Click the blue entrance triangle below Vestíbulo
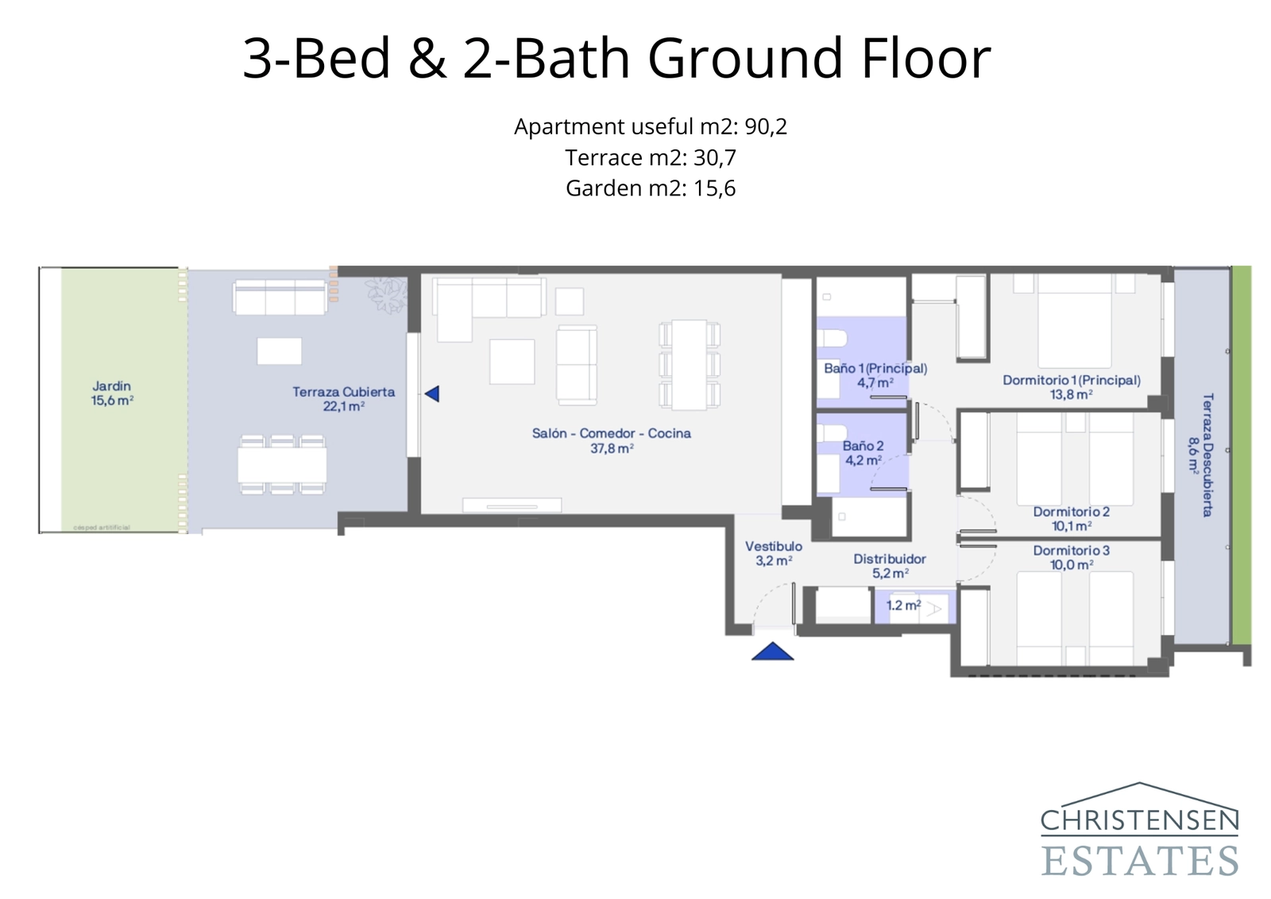tap(772, 653)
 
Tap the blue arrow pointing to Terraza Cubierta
tap(432, 393)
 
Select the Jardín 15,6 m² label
tap(112, 393)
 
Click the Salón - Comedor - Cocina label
tap(611, 440)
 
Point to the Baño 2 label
tap(863, 453)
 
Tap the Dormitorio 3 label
tap(1071, 557)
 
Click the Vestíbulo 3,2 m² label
tap(773, 553)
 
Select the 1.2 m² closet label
tap(903, 606)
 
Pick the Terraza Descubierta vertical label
tap(1200, 455)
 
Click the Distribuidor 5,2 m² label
tap(890, 566)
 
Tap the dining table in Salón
tap(689, 365)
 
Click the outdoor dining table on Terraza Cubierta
tap(282, 465)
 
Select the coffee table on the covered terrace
tap(279, 351)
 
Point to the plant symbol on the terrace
tap(387, 295)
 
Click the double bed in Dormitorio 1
tap(1074, 321)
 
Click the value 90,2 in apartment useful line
tap(766, 126)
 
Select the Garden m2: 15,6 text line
tap(650, 188)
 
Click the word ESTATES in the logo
tap(1139, 861)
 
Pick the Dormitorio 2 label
tap(1071, 518)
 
